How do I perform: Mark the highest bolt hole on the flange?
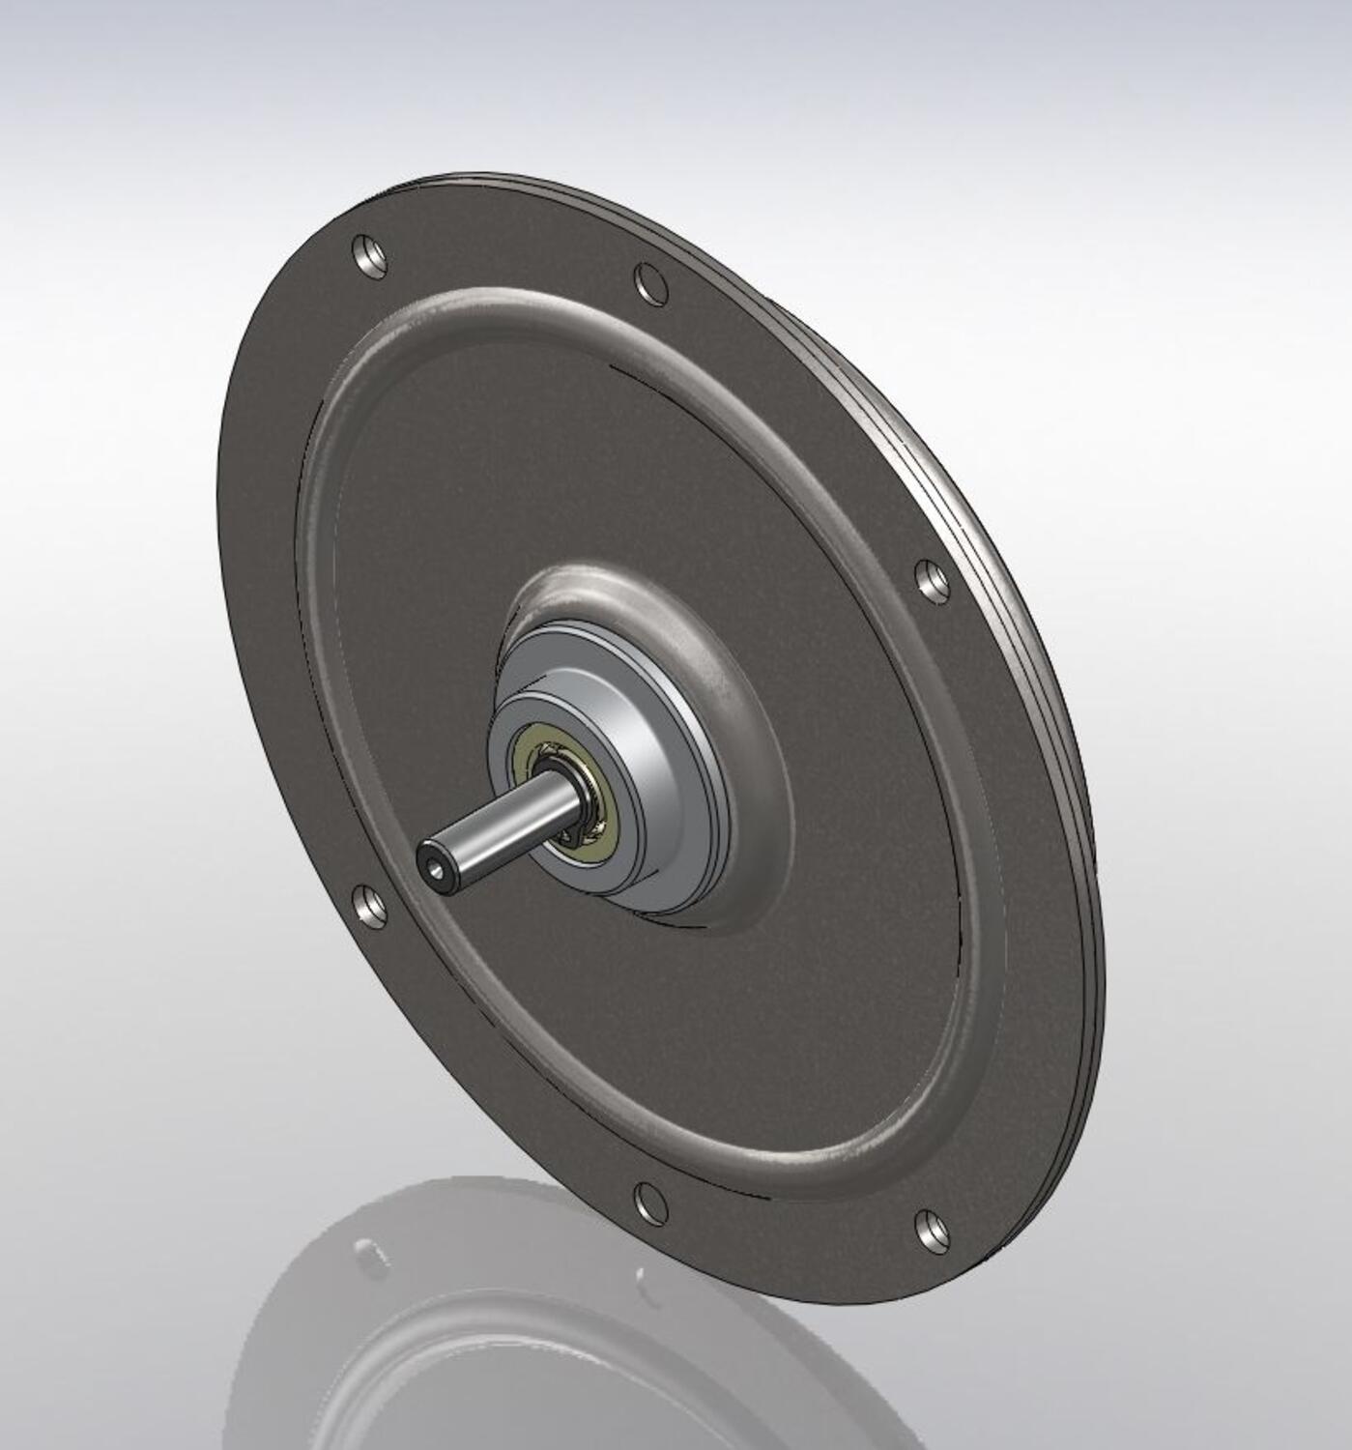(369, 254)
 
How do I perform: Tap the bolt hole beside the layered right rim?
(932, 580)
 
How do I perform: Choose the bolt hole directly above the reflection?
(650, 1201)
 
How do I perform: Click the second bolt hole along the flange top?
(651, 282)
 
